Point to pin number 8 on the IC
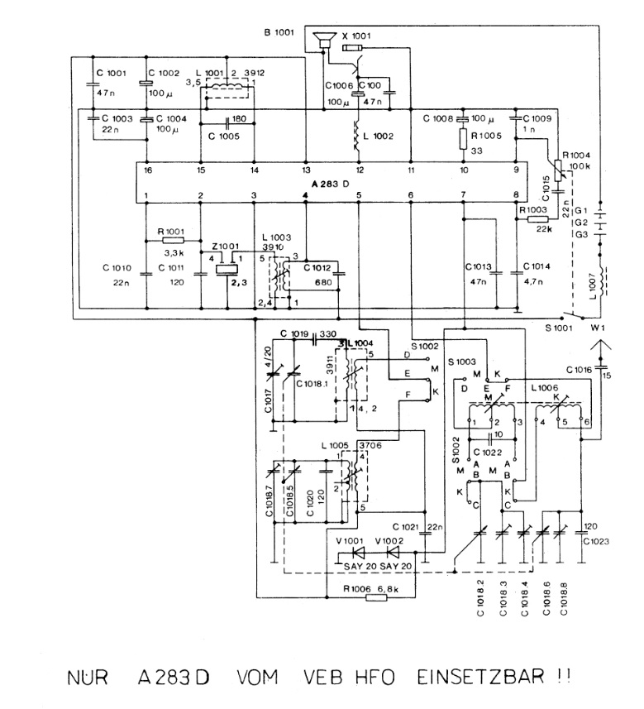pyautogui.click(x=516, y=195)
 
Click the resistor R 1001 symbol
pyautogui.click(x=173, y=239)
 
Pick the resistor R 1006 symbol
pyautogui.click(x=375, y=597)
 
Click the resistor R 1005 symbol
pyautogui.click(x=465, y=138)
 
